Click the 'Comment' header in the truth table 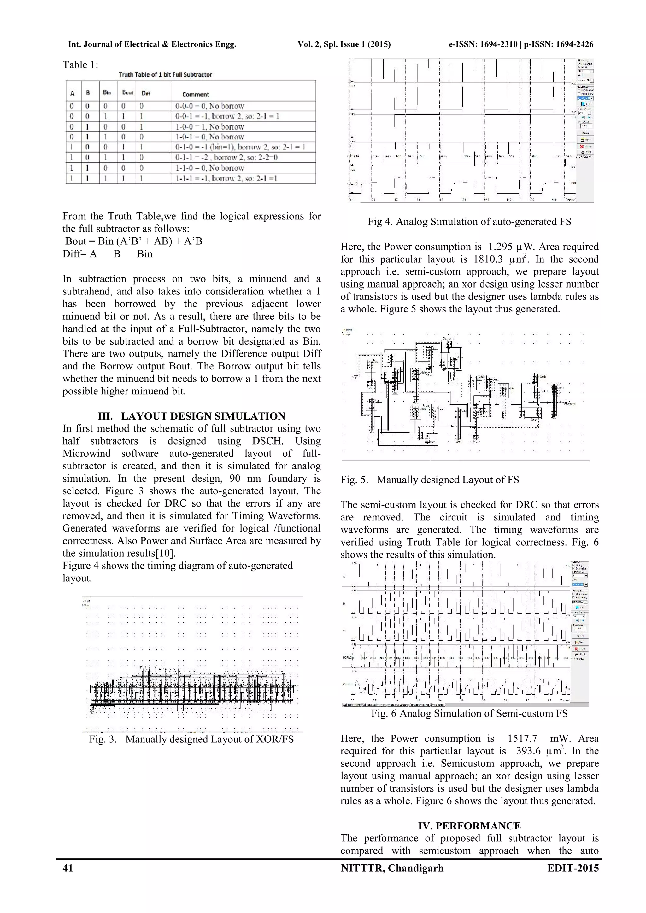[195, 94]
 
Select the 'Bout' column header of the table [128, 92]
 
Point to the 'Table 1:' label [80, 65]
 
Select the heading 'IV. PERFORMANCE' [469, 826]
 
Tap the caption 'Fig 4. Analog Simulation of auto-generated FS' [469, 222]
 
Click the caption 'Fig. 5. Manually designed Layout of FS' [430, 480]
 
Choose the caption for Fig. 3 [191, 739]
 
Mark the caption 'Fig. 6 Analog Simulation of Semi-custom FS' [469, 713]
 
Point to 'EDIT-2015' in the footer [573, 868]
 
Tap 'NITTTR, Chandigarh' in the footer [392, 868]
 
